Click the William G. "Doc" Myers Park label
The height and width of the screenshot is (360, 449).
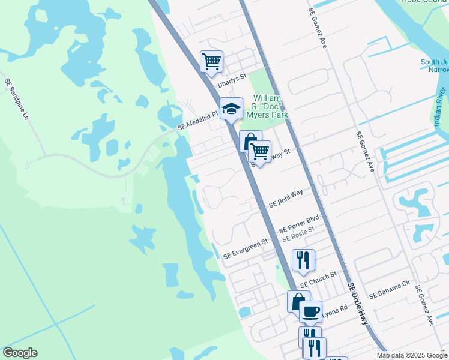pyautogui.click(x=270, y=106)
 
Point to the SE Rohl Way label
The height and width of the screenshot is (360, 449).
pyautogui.click(x=286, y=199)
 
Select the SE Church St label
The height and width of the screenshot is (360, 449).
pyautogui.click(x=320, y=277)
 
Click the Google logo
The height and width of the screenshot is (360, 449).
pyautogui.click(x=20, y=353)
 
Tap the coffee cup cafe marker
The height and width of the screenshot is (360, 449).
pyautogui.click(x=310, y=311)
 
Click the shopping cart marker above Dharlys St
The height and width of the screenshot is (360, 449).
pyautogui.click(x=211, y=62)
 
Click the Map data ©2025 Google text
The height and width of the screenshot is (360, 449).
pyautogui.click(x=412, y=355)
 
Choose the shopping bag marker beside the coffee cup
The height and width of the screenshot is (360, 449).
pyautogui.click(x=297, y=301)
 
